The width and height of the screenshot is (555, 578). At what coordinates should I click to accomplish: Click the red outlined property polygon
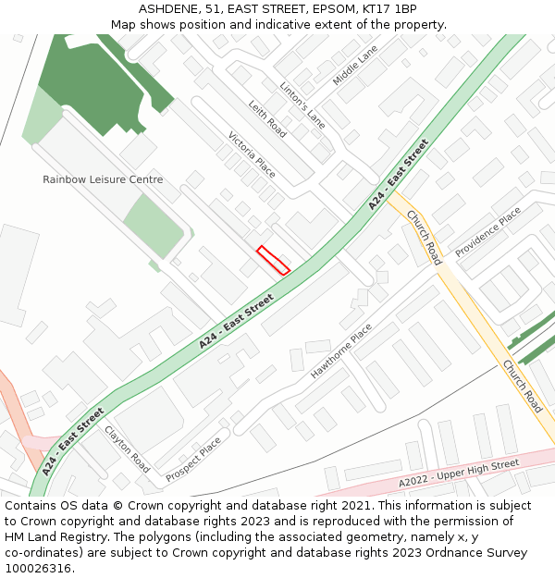point(273,260)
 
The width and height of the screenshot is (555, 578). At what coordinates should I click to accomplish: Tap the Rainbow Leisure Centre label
point(103,179)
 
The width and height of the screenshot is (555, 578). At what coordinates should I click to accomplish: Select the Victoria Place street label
point(252,154)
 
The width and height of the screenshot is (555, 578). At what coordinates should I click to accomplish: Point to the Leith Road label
point(267,120)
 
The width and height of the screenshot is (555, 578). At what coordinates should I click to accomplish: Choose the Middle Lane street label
point(355,66)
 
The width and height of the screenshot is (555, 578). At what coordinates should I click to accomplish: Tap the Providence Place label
point(487,231)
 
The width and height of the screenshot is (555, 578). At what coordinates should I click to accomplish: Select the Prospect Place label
point(193,459)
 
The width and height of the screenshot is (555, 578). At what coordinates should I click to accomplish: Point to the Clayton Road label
point(127,449)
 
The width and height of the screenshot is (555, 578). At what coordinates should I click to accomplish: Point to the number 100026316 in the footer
point(38,569)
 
